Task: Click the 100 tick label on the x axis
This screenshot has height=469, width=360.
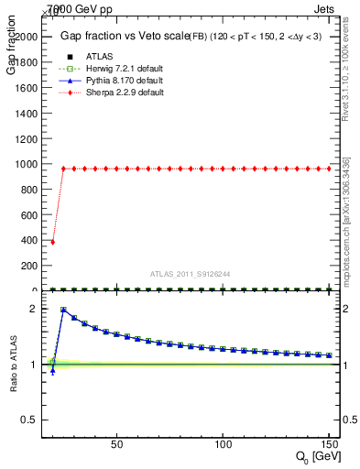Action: (223, 443)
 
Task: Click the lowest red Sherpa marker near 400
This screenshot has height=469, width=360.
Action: (52, 242)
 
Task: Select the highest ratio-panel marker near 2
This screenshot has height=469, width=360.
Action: (63, 310)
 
